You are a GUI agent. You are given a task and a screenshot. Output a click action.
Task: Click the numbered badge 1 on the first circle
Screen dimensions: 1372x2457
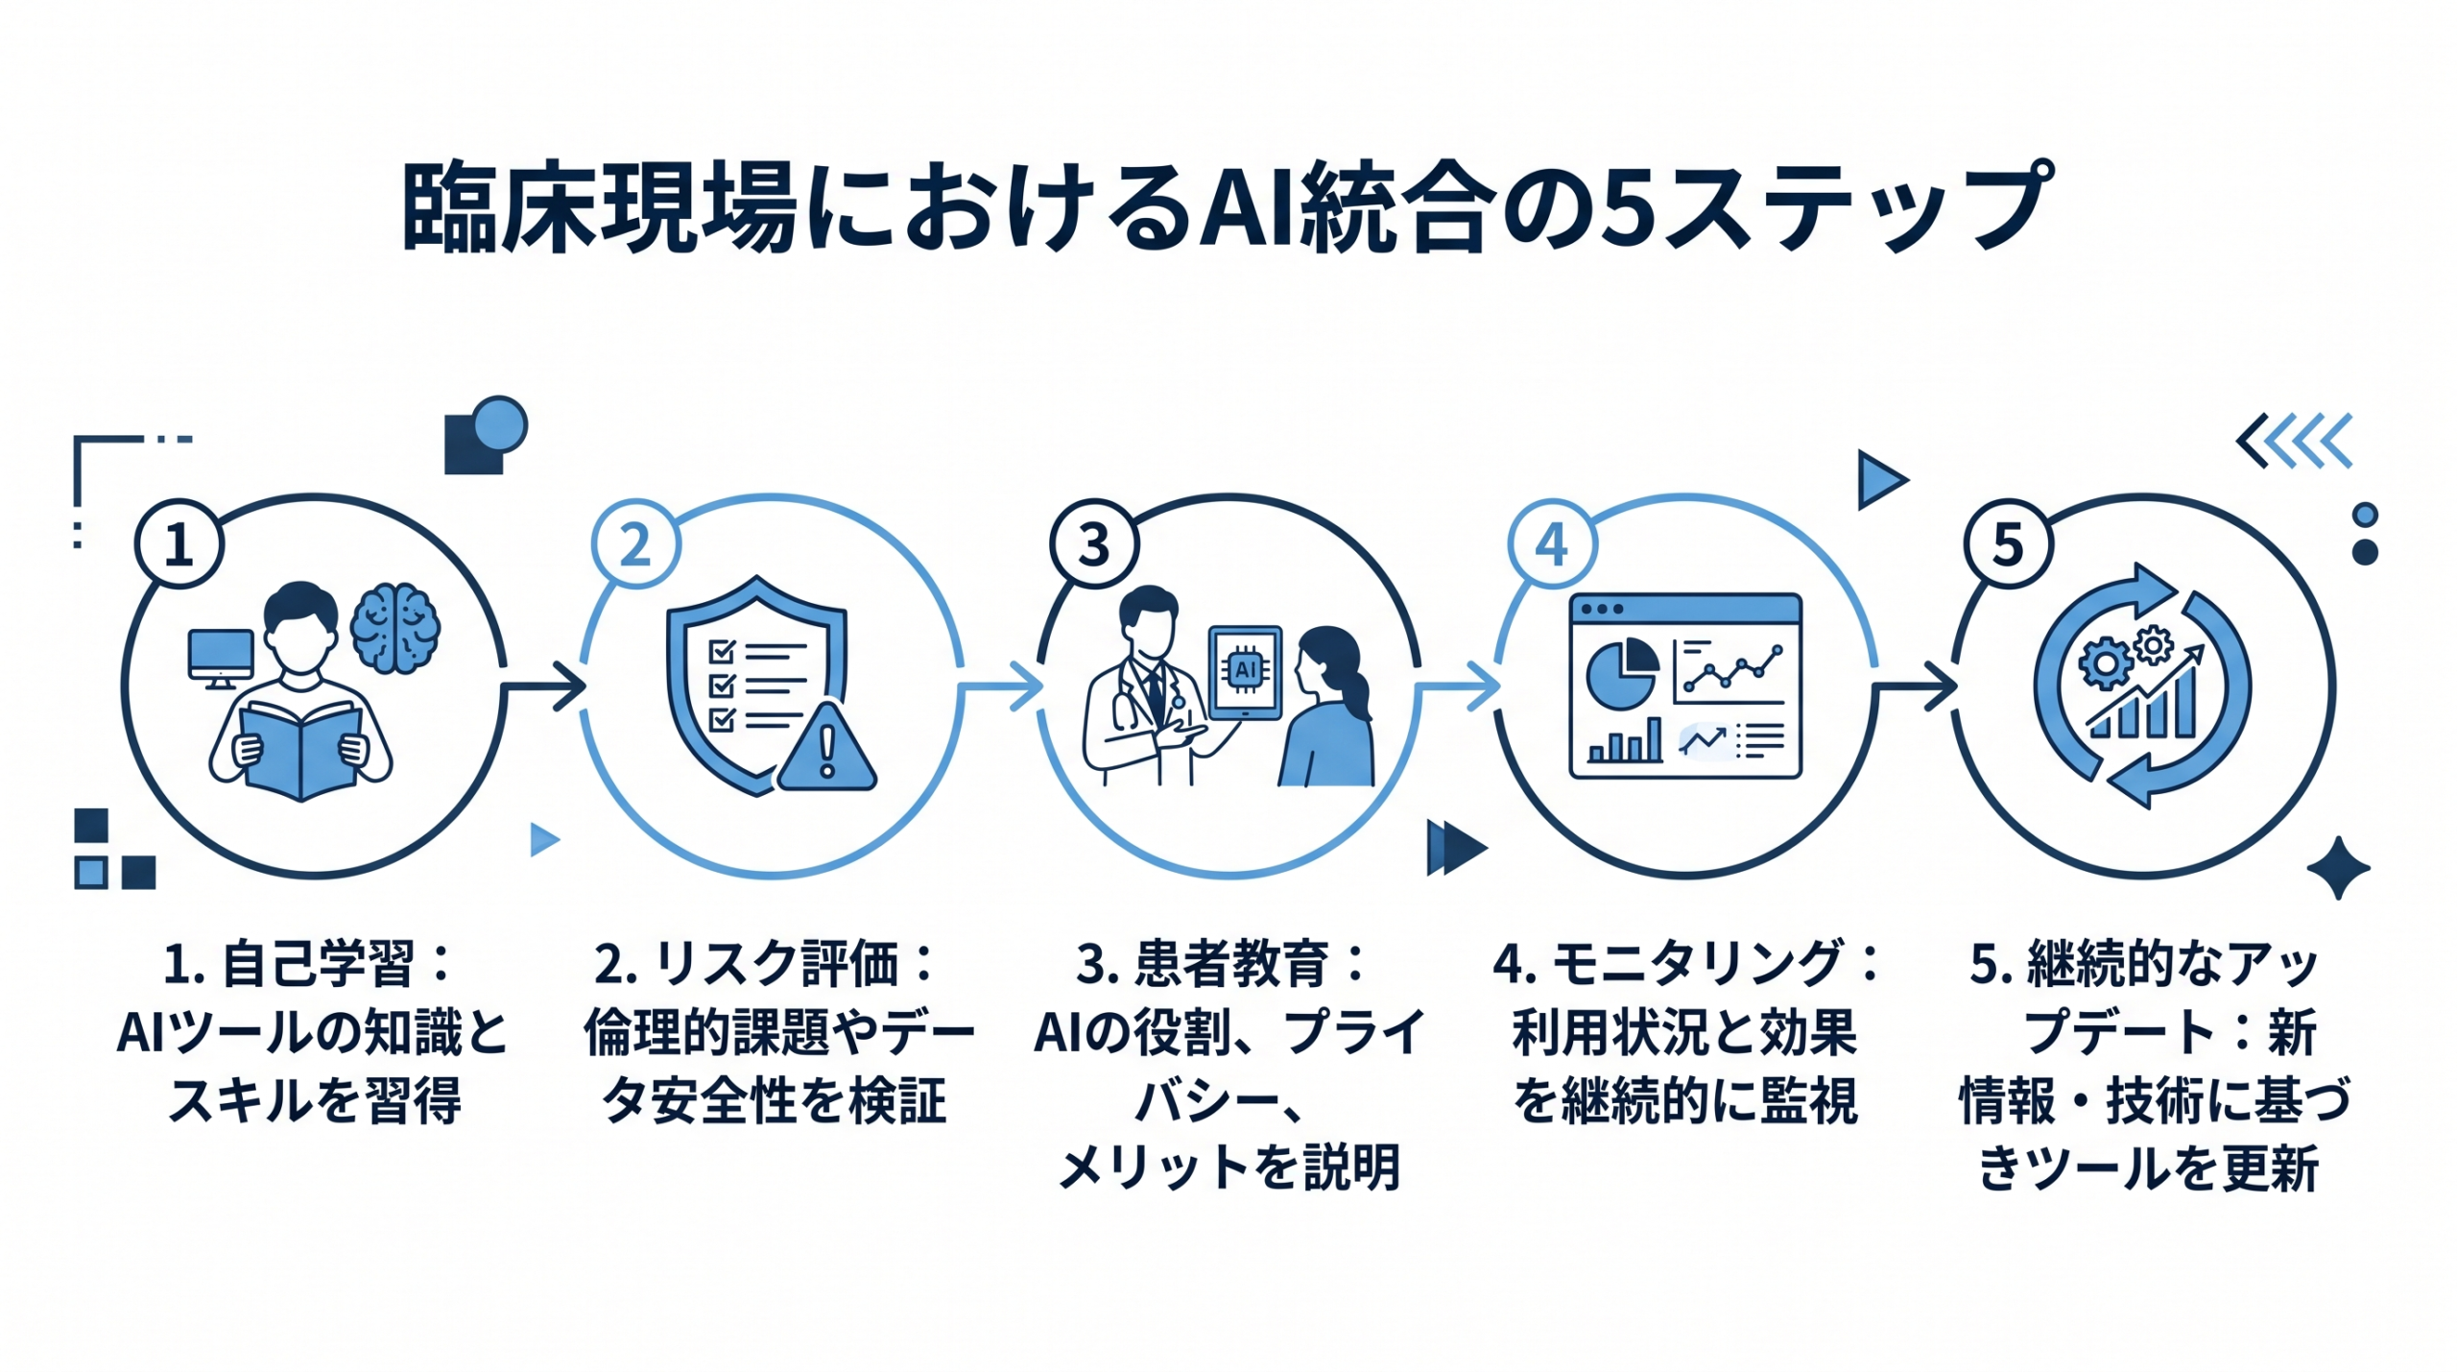(179, 544)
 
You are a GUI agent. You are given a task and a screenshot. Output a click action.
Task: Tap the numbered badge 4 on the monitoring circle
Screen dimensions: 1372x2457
(1552, 544)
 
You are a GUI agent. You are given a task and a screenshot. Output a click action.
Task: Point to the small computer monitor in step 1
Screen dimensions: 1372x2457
(221, 656)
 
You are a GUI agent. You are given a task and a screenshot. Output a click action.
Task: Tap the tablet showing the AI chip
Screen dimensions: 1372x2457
(1245, 673)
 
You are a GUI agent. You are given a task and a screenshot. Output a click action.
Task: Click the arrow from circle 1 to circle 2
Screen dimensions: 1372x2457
(544, 686)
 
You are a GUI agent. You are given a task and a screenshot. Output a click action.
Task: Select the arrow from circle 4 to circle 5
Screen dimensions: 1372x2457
(1916, 686)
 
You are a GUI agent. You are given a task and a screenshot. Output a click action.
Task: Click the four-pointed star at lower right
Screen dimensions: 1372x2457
(2338, 868)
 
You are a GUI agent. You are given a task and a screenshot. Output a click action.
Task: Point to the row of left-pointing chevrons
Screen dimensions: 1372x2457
(2294, 441)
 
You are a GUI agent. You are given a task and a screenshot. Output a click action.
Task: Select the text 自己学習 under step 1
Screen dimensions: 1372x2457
(318, 964)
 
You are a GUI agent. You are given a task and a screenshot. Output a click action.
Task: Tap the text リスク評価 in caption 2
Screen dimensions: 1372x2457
(775, 964)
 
